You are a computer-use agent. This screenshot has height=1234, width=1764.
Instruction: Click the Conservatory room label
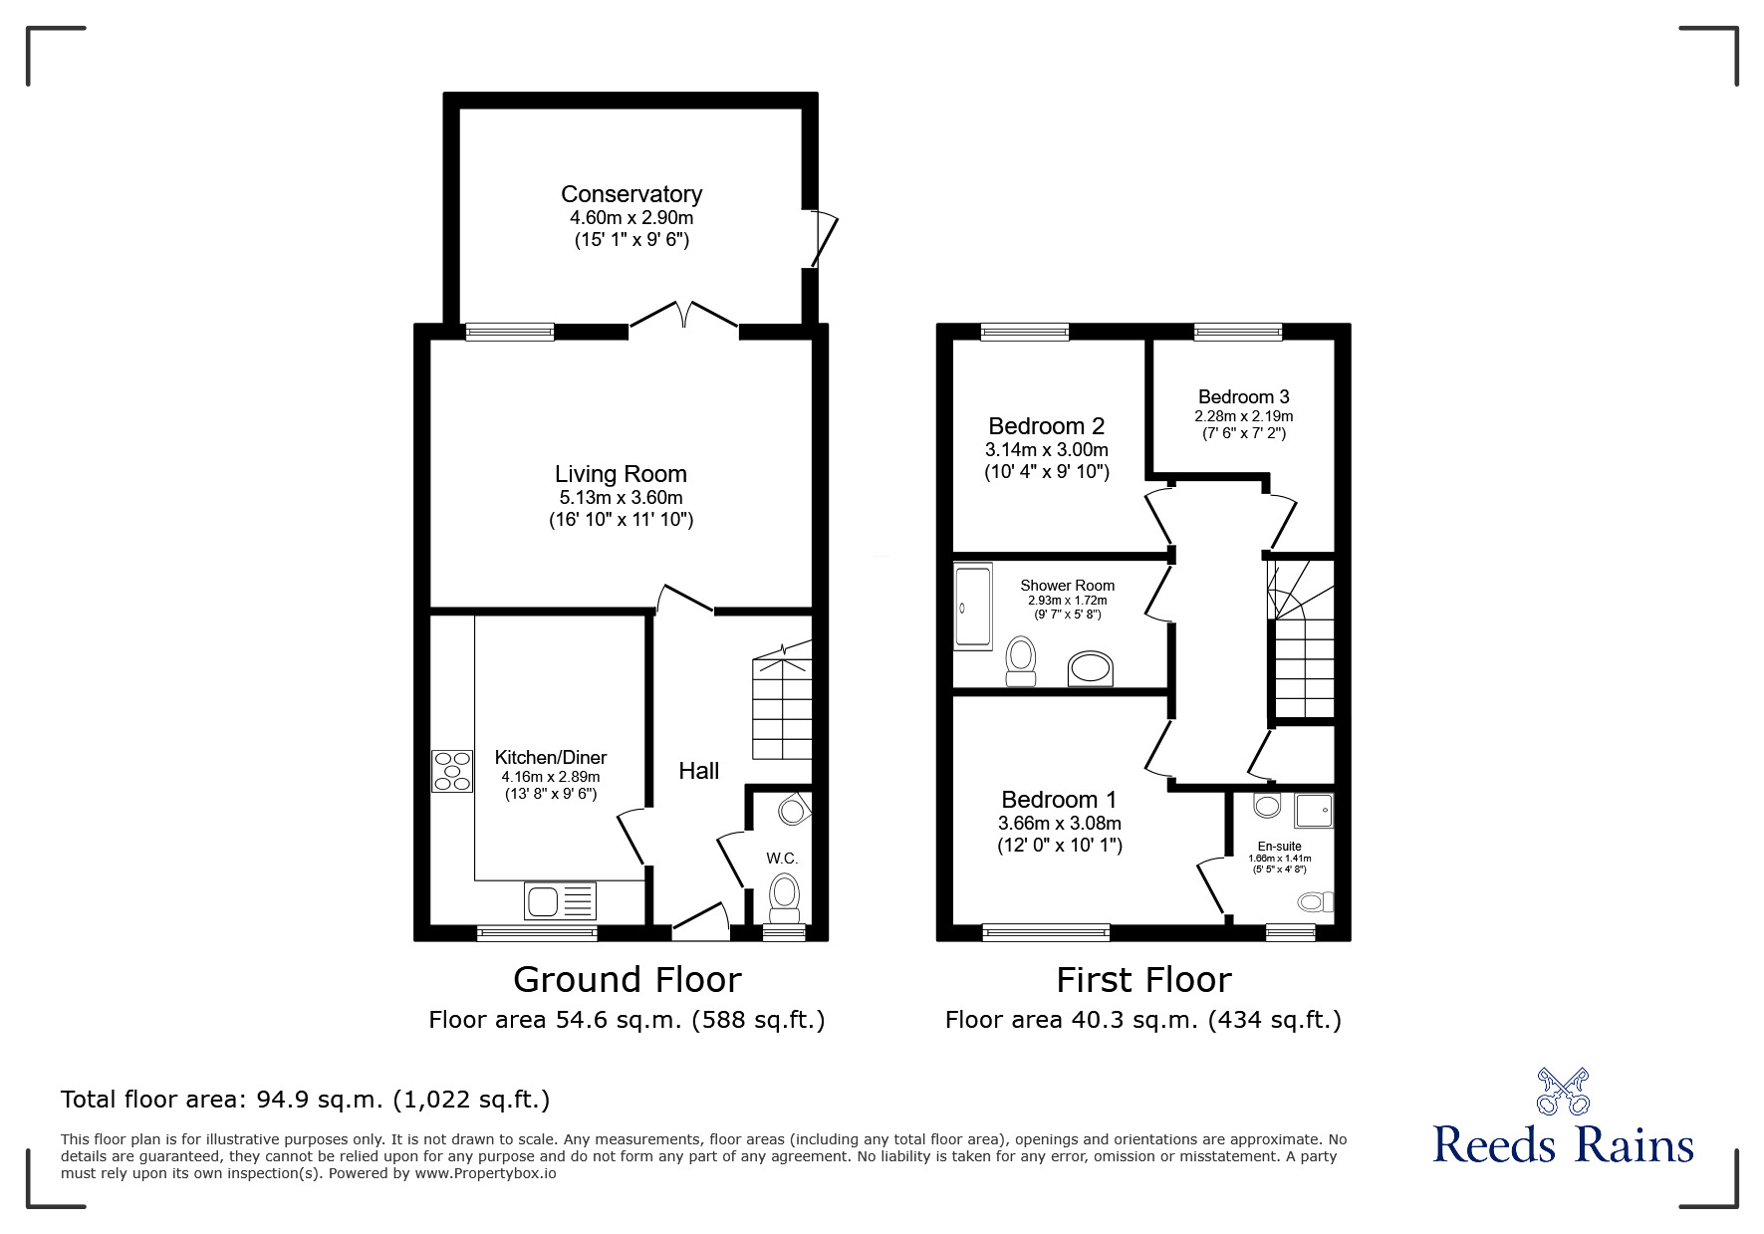630,194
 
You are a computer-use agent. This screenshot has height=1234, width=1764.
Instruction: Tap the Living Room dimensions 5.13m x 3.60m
621,498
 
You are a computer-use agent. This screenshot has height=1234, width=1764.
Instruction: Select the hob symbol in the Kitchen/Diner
451,771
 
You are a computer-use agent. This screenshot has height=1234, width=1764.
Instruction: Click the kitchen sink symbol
559,901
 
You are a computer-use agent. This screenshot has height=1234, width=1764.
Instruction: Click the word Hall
698,771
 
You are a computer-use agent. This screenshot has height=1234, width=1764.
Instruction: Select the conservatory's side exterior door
823,238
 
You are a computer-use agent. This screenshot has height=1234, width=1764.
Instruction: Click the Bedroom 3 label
1243,396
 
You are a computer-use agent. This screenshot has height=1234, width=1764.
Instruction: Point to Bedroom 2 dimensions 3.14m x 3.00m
1046,450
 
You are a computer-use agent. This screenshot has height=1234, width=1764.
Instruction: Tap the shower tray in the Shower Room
973,607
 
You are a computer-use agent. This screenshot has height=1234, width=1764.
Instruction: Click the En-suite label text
1279,847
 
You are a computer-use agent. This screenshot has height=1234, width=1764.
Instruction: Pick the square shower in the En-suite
1313,811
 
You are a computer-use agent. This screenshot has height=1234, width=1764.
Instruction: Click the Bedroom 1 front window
1045,932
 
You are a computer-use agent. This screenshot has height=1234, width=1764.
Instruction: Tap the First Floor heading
1142,980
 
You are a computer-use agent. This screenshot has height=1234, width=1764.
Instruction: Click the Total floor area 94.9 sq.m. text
305,1100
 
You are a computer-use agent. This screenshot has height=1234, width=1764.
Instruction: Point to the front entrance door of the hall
701,921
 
